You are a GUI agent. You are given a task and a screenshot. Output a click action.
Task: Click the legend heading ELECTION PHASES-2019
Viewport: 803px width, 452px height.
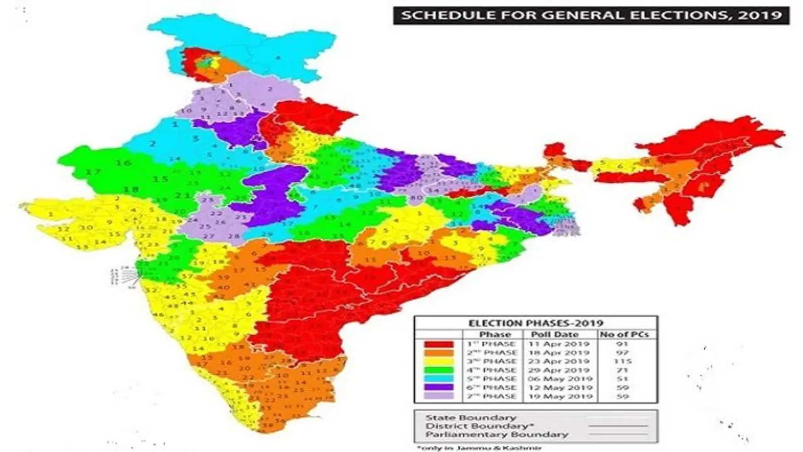(535, 323)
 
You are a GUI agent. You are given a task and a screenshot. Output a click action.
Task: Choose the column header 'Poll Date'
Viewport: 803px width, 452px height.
(555, 334)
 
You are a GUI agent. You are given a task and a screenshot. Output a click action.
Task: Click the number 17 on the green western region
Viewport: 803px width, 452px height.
(93, 172)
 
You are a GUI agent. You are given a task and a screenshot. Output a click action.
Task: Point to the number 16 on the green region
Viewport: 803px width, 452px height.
(123, 163)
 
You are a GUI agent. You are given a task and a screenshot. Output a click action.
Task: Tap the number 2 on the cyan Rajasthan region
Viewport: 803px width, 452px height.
(152, 144)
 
